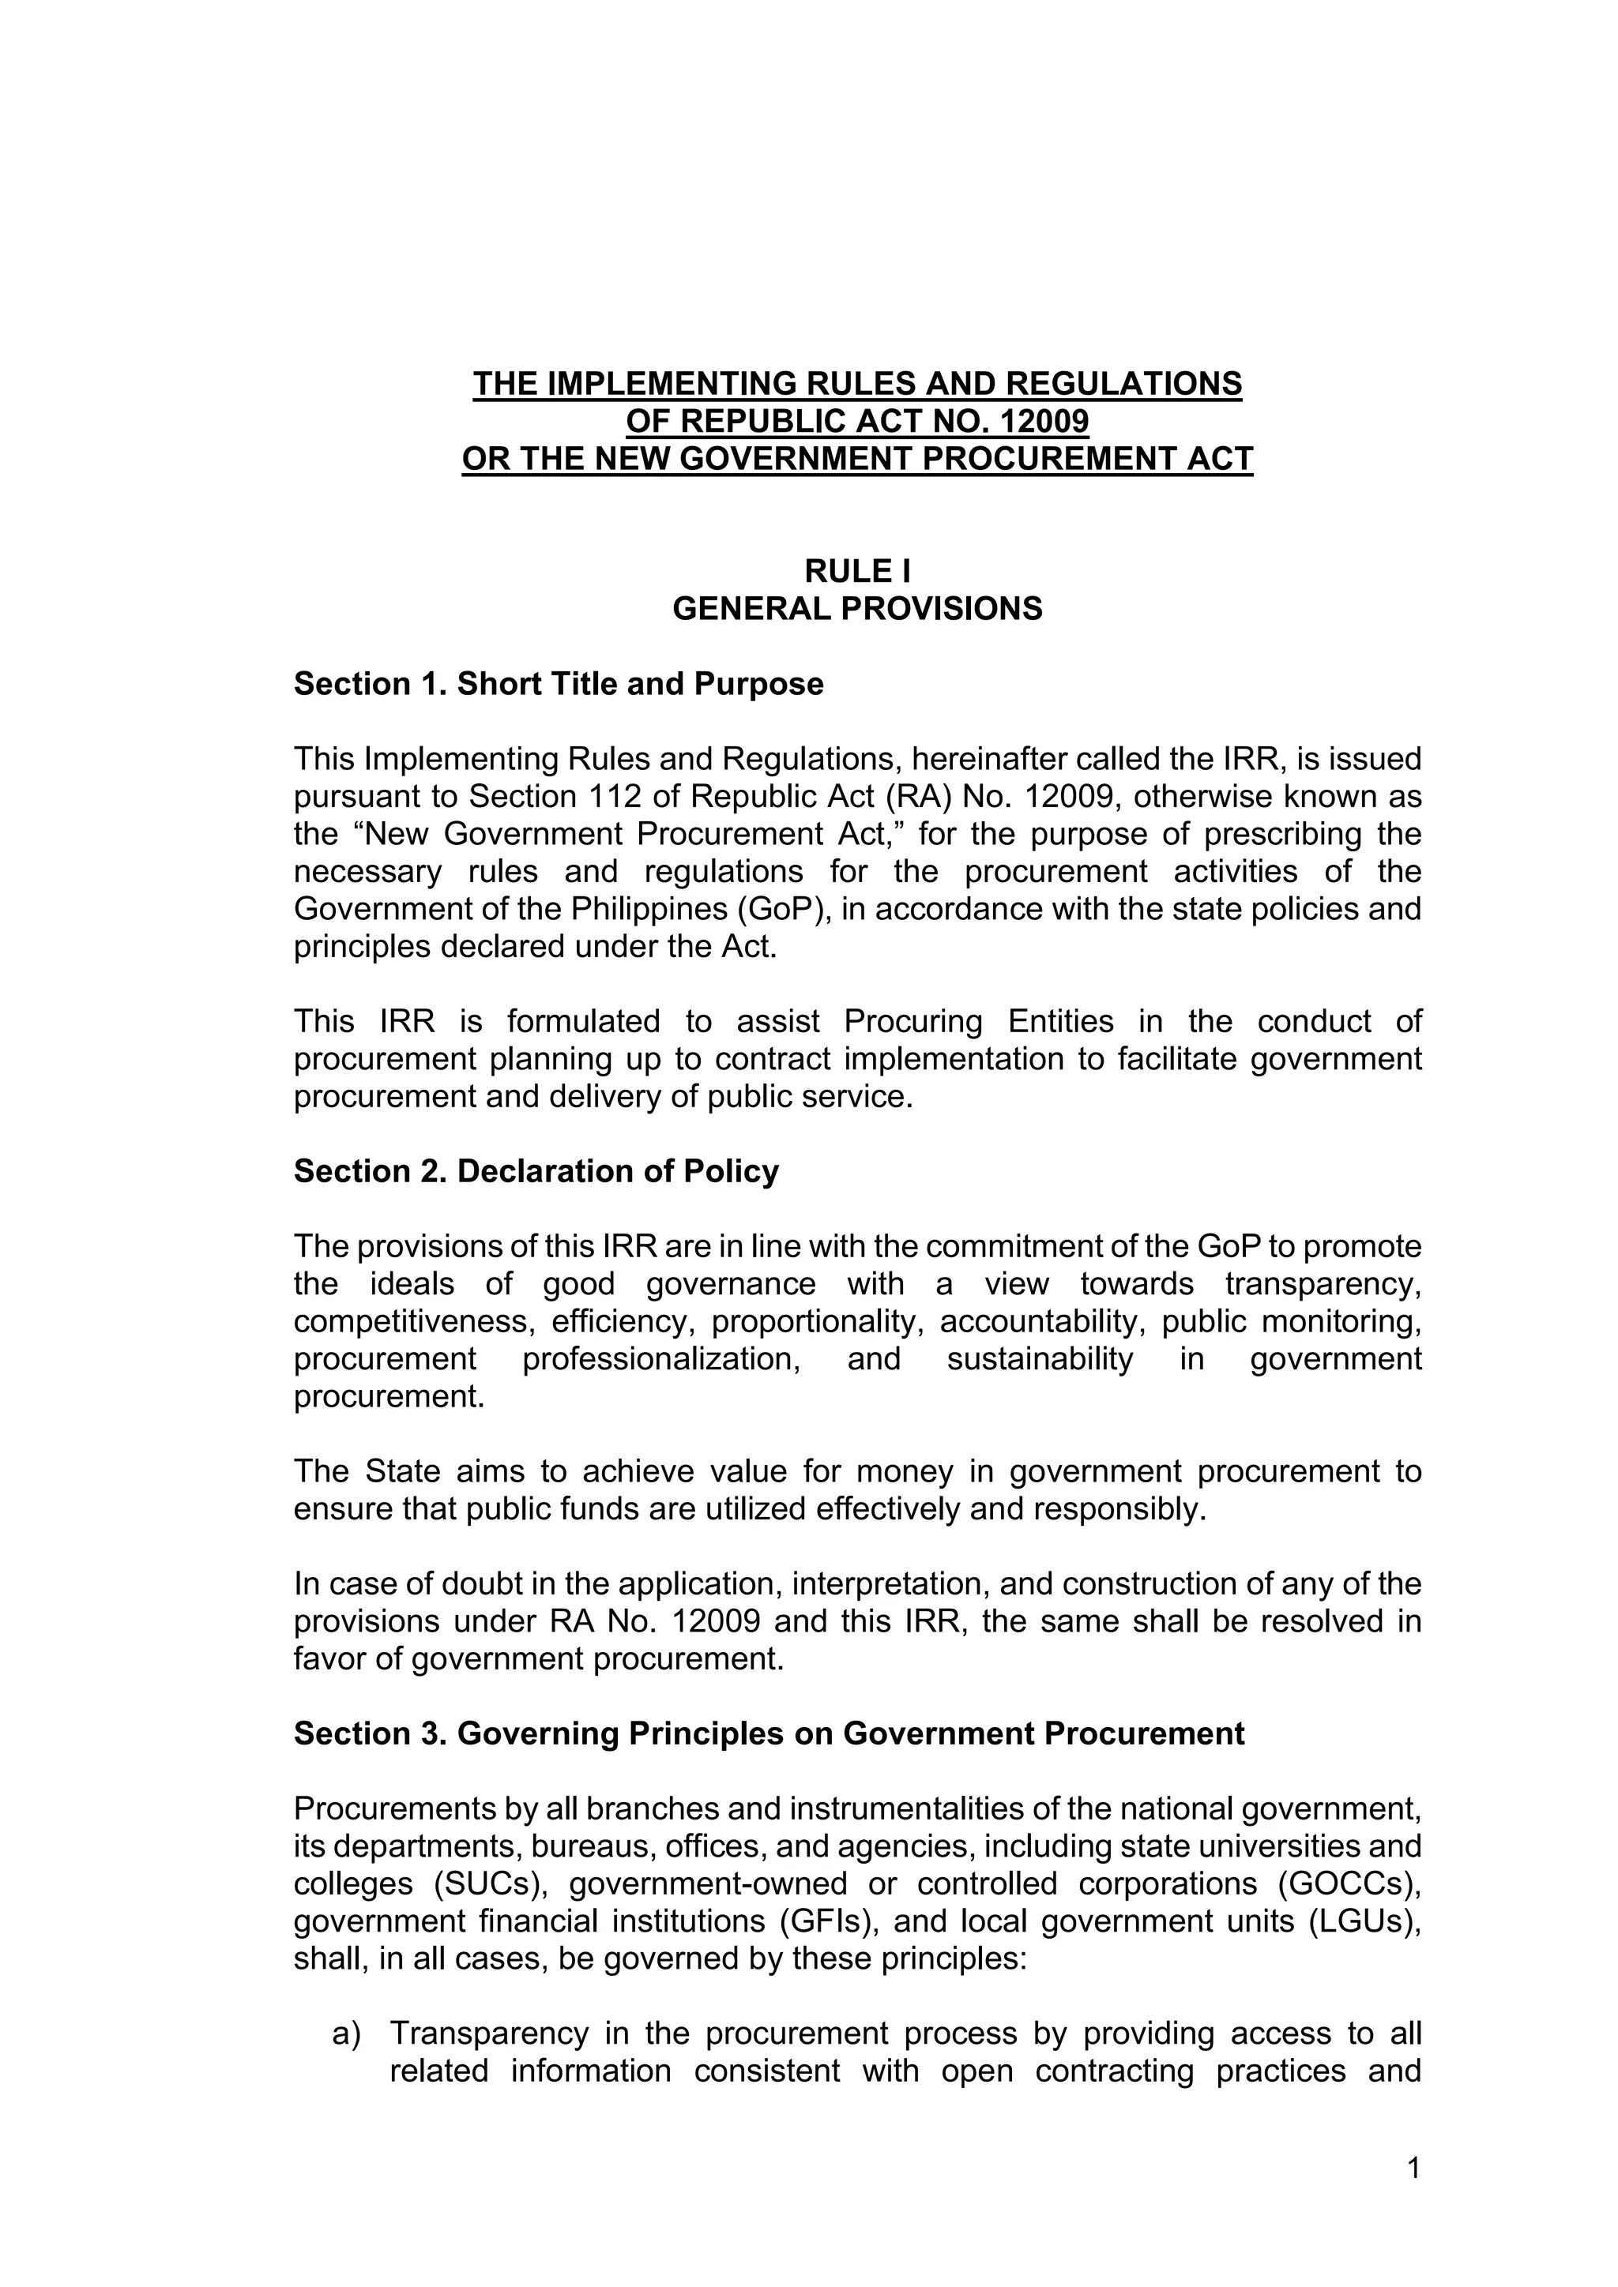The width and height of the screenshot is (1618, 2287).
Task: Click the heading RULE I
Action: pyautogui.click(x=857, y=571)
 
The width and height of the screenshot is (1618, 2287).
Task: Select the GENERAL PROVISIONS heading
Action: pyautogui.click(x=857, y=609)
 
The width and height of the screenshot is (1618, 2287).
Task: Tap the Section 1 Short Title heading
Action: pyautogui.click(x=558, y=685)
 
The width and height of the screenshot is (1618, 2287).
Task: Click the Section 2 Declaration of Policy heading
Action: pyautogui.click(x=536, y=1171)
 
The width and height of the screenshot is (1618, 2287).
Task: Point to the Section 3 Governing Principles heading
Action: pyautogui.click(x=768, y=1734)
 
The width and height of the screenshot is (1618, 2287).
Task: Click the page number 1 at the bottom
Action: pyautogui.click(x=1413, y=2169)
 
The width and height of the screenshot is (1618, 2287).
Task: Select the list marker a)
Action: pyautogui.click(x=347, y=2034)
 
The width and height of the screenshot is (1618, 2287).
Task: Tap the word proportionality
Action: pyautogui.click(x=820, y=1322)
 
